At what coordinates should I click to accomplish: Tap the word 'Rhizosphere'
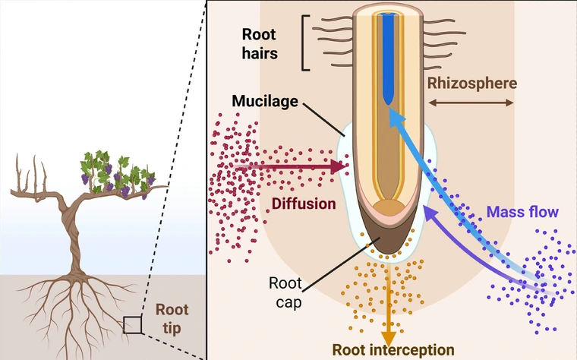point(471,82)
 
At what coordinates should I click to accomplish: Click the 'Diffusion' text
point(303,204)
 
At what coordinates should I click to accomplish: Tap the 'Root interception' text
point(393,350)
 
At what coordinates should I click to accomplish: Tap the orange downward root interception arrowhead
point(389,336)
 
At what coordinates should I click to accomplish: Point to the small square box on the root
point(132,324)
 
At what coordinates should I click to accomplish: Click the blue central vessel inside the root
point(389,61)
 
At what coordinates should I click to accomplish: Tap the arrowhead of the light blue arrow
point(393,115)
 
